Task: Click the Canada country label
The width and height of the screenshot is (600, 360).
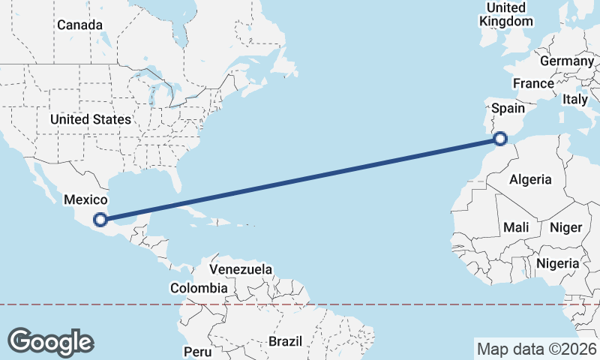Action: [x=79, y=25]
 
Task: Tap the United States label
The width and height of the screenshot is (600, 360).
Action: [x=91, y=119]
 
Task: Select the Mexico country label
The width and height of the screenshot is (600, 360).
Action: [x=86, y=199]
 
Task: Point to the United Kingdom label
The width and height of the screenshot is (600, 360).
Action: [x=506, y=14]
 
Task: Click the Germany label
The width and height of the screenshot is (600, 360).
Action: [x=566, y=61]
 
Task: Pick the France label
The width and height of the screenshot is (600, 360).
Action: [x=533, y=83]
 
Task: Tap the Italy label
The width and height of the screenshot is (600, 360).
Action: [x=575, y=99]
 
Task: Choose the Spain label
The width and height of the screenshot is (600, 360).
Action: [x=508, y=108]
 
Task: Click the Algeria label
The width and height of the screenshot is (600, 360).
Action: [x=530, y=179]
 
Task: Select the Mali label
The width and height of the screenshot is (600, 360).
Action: [x=516, y=226]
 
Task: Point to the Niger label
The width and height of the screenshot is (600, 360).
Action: [x=566, y=227]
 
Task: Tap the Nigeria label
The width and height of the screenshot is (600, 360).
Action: [x=557, y=263]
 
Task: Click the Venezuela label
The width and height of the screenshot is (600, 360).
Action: [x=241, y=269]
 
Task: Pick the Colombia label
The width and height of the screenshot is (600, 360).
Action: [x=199, y=288]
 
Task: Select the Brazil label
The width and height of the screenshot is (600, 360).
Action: [x=285, y=341]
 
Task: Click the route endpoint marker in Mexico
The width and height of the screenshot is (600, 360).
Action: [x=100, y=220]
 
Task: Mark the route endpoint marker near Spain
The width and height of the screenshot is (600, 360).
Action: [x=501, y=138]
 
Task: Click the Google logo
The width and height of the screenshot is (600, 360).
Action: [x=50, y=342]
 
